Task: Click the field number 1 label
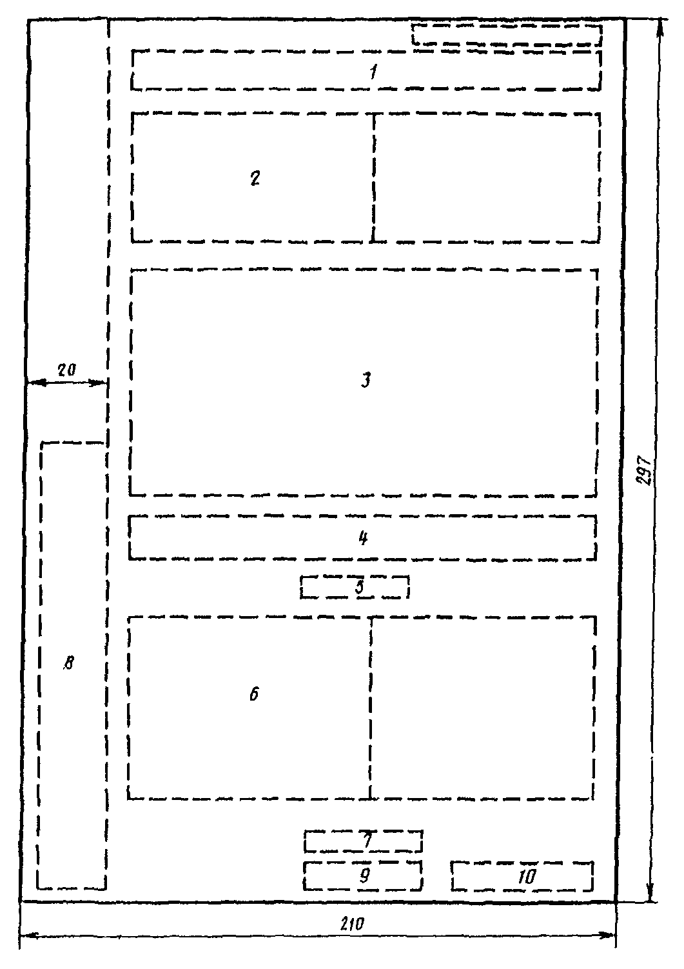click(373, 72)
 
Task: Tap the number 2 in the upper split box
click(255, 178)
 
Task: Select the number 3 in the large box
click(366, 380)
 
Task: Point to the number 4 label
click(363, 537)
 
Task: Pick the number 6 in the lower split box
click(254, 694)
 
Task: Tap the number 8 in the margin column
click(69, 663)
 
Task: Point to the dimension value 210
click(352, 923)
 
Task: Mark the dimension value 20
click(66, 370)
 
